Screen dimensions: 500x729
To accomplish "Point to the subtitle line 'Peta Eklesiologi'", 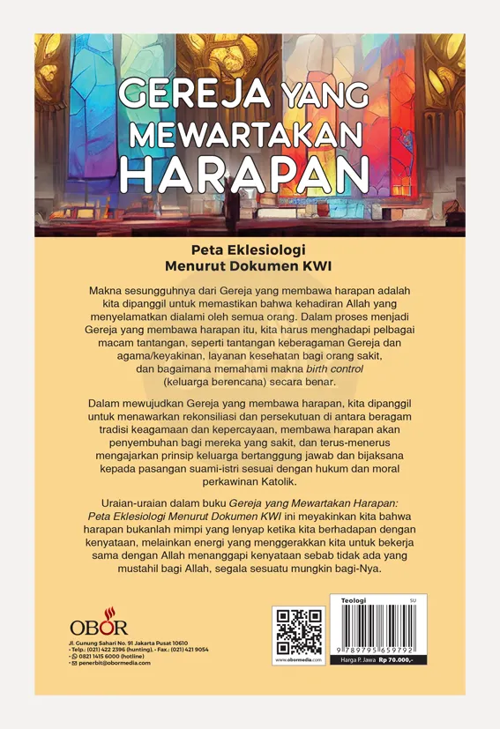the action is coord(250,249).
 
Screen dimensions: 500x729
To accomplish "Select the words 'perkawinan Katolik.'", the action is coord(250,481).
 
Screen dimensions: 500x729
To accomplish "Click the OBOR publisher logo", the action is coord(98,628).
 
